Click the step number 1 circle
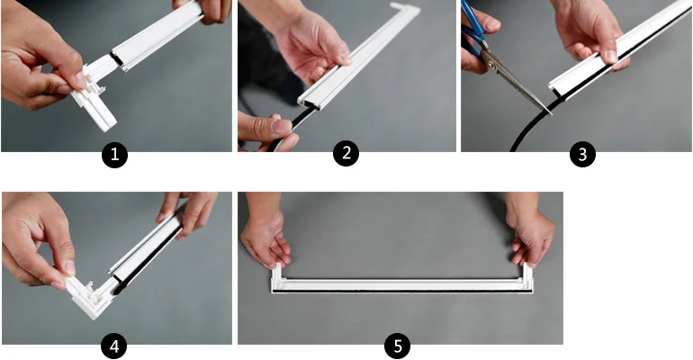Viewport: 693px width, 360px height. [x=115, y=155]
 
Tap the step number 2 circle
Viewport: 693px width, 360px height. [x=346, y=153]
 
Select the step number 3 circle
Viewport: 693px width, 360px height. [x=582, y=154]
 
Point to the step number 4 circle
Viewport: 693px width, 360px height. [x=114, y=346]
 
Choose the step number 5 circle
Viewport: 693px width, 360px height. [x=397, y=346]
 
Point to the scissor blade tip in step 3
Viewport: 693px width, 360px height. [x=552, y=114]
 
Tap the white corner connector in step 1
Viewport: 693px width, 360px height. [x=95, y=95]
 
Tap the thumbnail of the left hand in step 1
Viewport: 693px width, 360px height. [x=81, y=81]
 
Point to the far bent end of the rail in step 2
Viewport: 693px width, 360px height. [x=405, y=8]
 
